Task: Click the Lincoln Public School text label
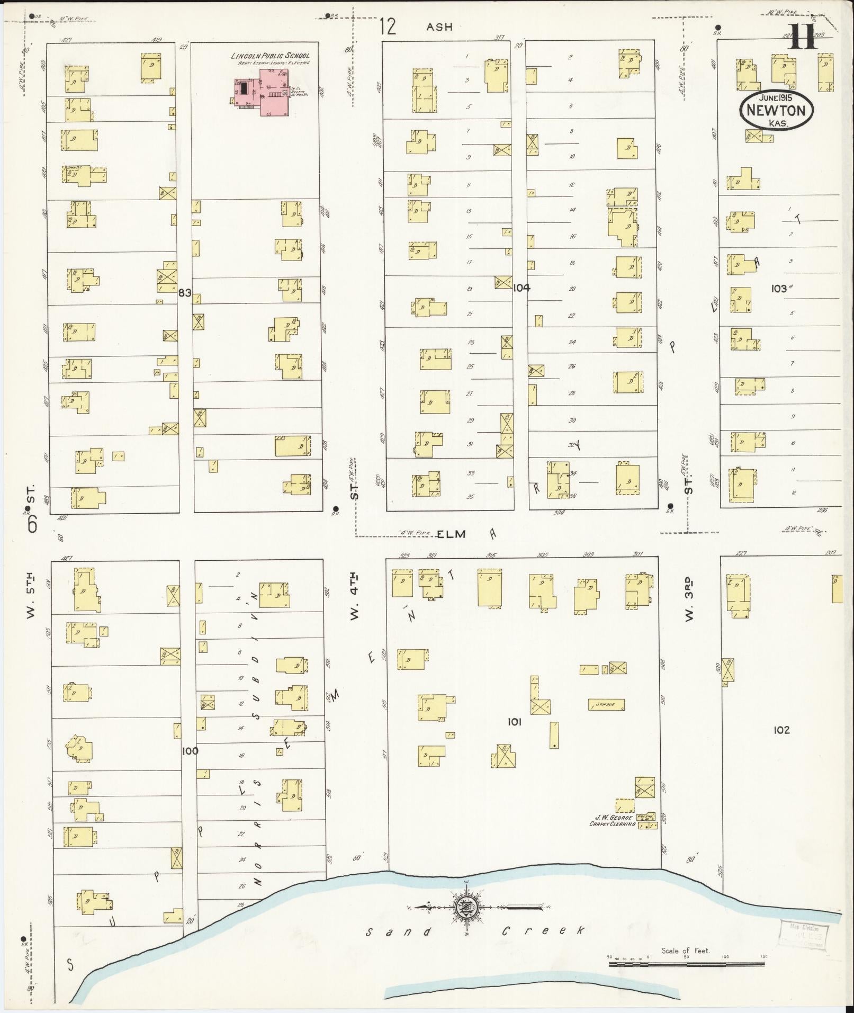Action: click(270, 56)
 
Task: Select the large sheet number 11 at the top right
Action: click(802, 37)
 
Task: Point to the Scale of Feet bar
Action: click(686, 964)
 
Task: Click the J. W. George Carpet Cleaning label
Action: click(613, 835)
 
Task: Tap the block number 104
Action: click(522, 288)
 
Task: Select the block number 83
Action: click(184, 292)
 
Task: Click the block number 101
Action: click(515, 721)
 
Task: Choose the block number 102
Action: click(781, 730)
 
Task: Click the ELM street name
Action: click(451, 534)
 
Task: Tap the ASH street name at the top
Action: click(440, 27)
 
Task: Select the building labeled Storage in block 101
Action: click(606, 704)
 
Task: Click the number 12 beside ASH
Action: click(388, 26)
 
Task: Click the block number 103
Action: click(778, 289)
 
